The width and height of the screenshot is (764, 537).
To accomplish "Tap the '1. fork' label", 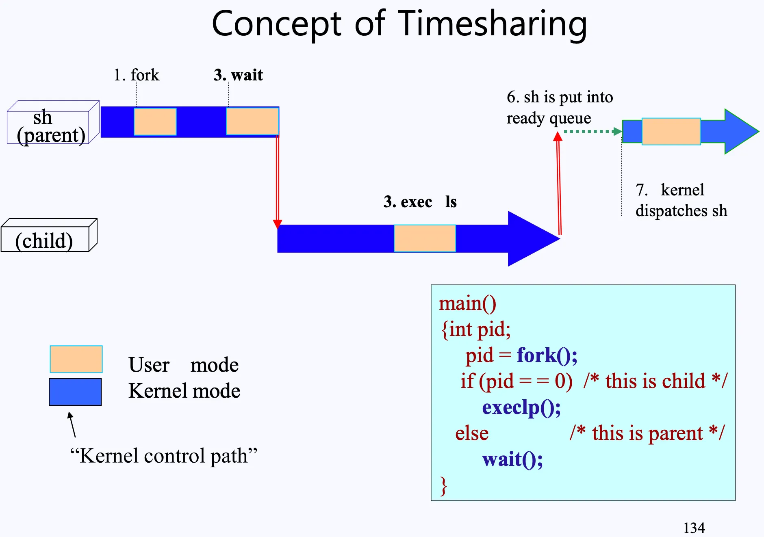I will click(137, 75).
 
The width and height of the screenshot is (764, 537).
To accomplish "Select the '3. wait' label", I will click(238, 75).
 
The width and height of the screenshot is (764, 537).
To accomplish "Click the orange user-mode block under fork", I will click(155, 121).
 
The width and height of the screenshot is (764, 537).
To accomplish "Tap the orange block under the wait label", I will click(252, 121).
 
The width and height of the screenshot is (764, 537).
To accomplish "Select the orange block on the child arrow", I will click(425, 238).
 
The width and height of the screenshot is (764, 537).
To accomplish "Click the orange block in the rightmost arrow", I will click(671, 131).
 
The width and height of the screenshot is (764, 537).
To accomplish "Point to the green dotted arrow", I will click(592, 131).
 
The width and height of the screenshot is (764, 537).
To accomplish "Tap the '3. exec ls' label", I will click(420, 202).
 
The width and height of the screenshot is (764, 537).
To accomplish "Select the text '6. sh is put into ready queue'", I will click(559, 108).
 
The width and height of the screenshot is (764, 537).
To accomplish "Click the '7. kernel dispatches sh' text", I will click(681, 200).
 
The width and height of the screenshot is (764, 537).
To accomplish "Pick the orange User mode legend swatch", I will click(76, 359).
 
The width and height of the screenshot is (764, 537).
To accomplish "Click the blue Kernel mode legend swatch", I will click(75, 392).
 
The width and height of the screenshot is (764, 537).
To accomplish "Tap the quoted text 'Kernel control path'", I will click(163, 456).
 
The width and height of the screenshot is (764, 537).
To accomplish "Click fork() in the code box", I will click(547, 355).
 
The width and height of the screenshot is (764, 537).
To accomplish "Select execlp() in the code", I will click(521, 407).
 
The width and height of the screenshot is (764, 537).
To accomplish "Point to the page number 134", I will click(694, 528).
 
